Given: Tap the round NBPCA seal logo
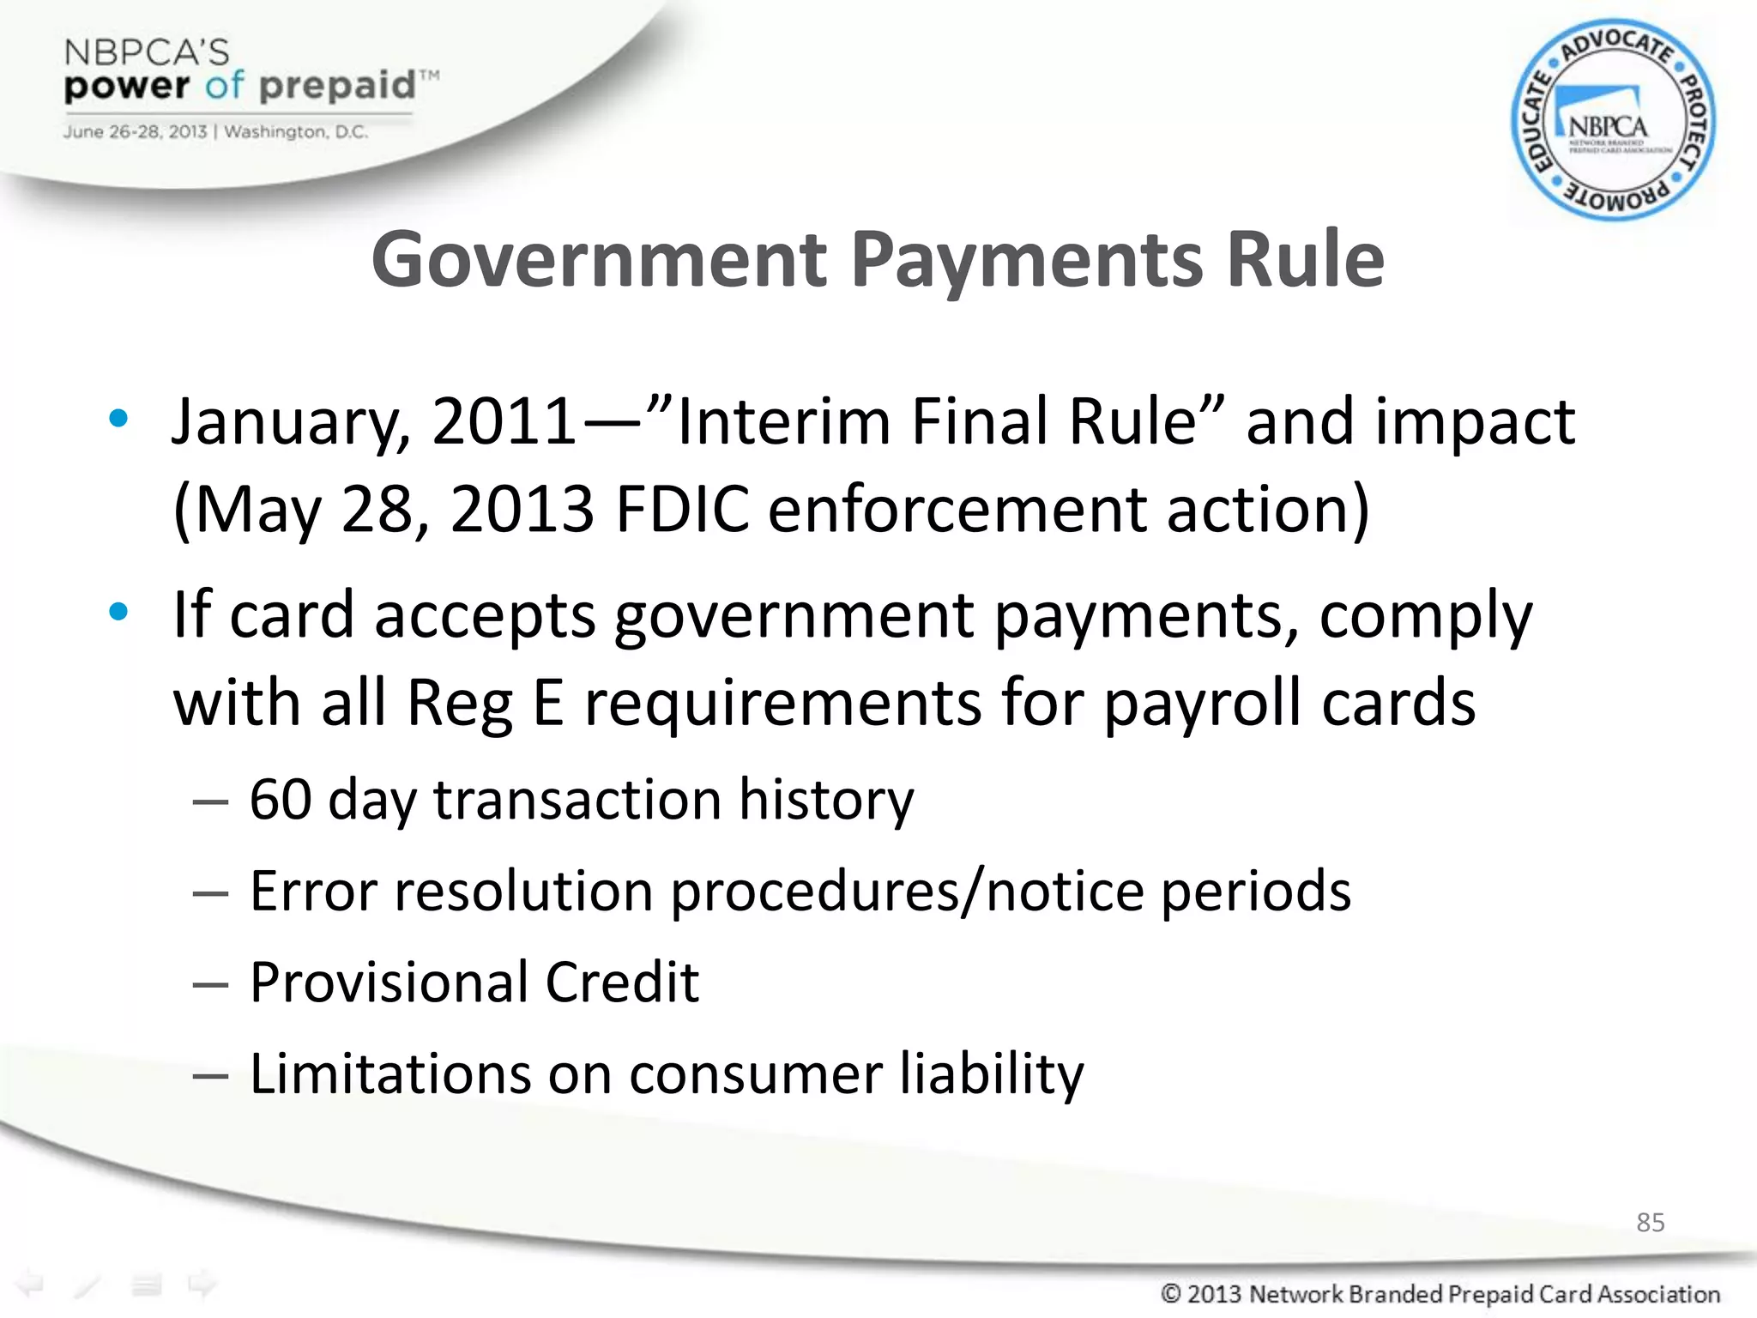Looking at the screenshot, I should point(1612,120).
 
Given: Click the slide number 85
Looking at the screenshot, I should point(1650,1222).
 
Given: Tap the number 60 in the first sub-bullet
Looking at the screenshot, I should point(281,800).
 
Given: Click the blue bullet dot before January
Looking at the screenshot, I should point(118,419).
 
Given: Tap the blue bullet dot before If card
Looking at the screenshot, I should point(118,612).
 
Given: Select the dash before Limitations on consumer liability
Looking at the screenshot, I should point(210,1075).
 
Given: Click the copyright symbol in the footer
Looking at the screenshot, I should point(1171,1293).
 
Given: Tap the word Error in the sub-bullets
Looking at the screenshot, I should point(313,891).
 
